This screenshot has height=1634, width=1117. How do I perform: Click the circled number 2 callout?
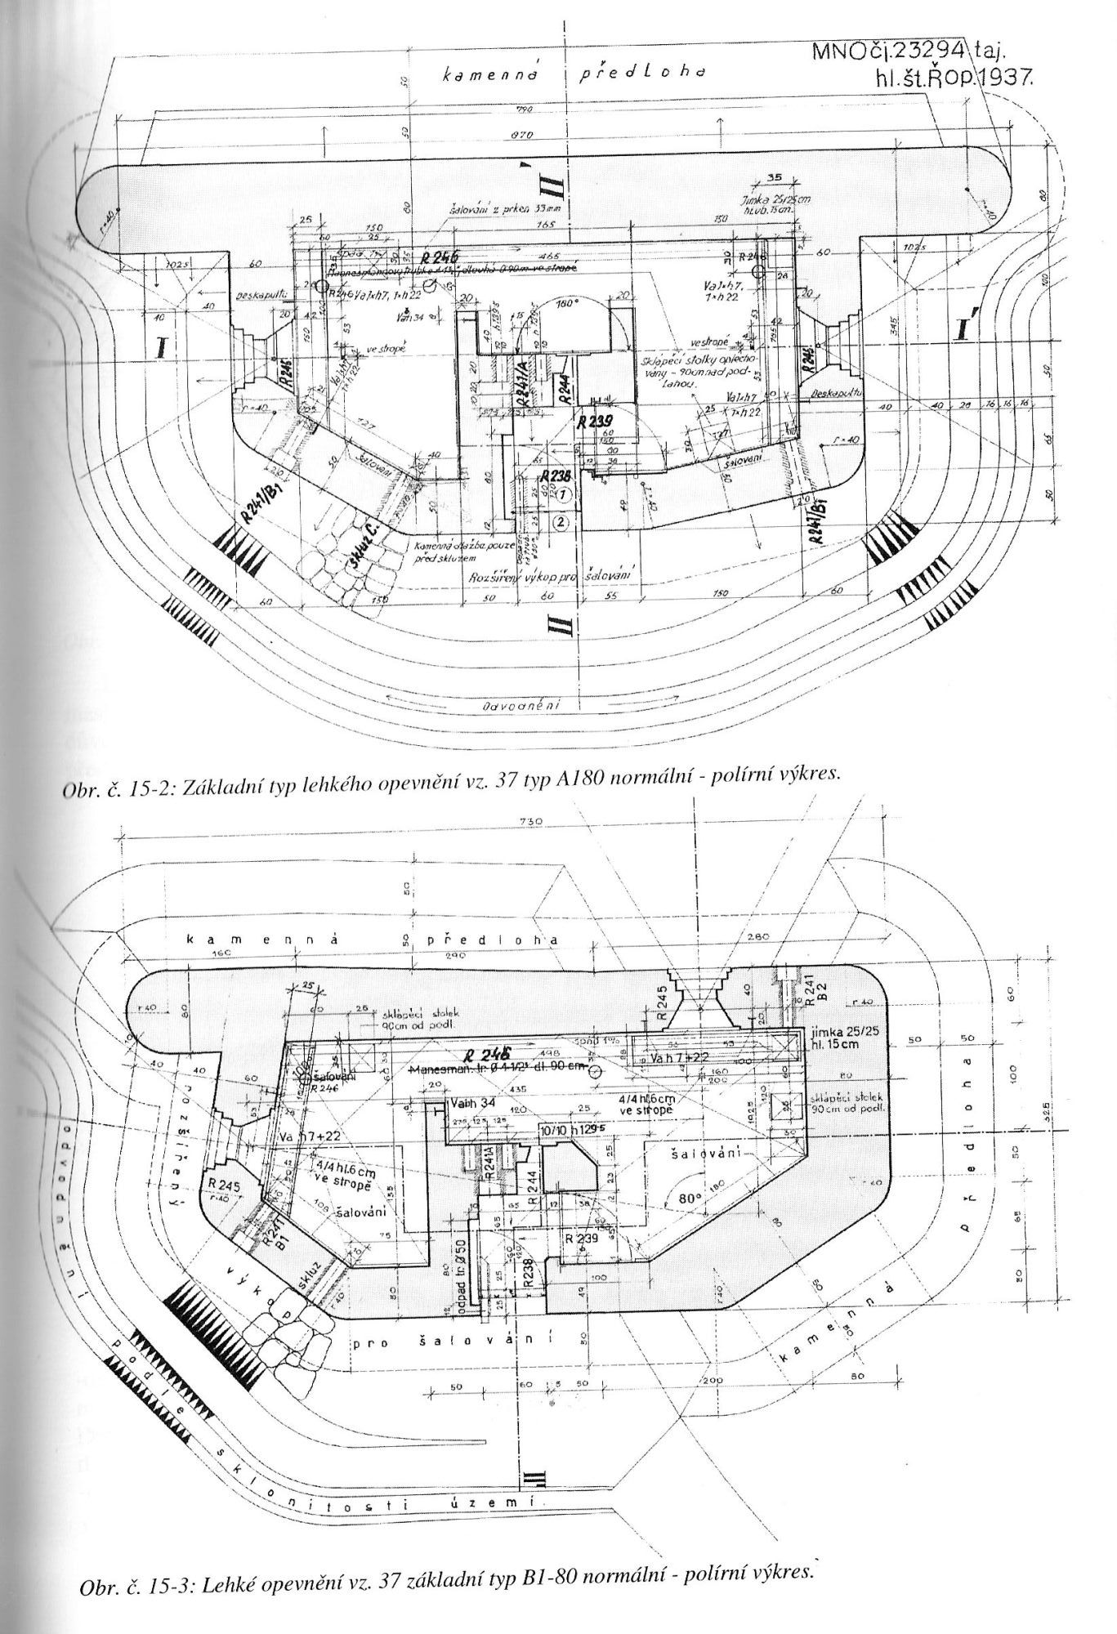pos(561,521)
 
